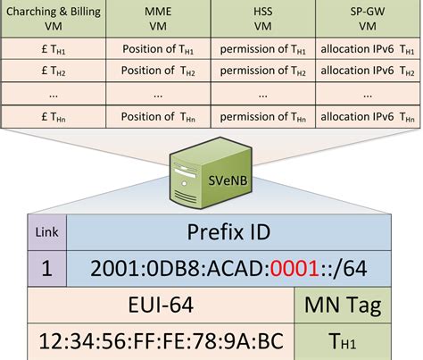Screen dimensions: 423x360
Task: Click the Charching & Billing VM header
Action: (54, 19)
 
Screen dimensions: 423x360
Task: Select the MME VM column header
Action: (158, 19)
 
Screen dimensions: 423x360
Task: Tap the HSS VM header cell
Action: (263, 19)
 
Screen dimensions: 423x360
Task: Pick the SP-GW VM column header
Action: (368, 19)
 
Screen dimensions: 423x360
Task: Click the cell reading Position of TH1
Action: (158, 49)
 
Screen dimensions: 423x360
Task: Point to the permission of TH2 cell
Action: (263, 71)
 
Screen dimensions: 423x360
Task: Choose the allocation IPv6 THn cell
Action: (368, 117)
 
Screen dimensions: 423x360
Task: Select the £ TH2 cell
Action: (54, 71)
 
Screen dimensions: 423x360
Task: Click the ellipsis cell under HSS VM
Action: (263, 94)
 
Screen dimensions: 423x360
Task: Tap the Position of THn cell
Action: (158, 117)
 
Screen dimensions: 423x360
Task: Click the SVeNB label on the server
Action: (228, 180)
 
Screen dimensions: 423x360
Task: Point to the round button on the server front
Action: (184, 183)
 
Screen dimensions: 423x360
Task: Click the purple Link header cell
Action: (47, 232)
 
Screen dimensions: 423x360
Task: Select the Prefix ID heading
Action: (228, 232)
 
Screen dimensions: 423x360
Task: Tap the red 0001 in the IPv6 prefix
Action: (294, 268)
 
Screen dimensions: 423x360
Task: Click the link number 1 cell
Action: (47, 269)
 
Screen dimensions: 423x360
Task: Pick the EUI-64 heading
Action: (161, 305)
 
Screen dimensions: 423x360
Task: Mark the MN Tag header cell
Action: (343, 305)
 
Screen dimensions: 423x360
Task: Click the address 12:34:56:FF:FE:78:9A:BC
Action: (161, 341)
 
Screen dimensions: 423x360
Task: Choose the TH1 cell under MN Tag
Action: (343, 342)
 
